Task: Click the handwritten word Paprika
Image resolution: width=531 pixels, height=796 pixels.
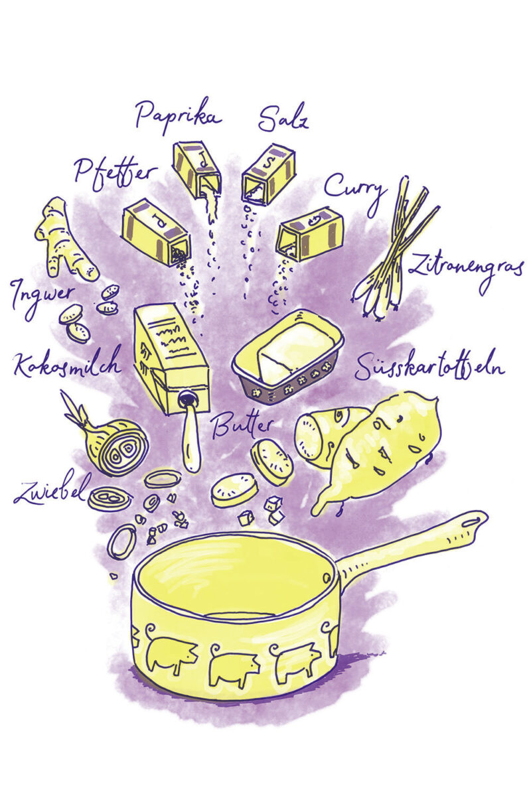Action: click(179, 115)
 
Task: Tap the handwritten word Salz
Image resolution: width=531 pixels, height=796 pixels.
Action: click(283, 117)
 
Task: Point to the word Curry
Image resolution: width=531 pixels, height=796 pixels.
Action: click(354, 192)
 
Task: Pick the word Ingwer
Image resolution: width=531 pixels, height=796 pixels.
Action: click(42, 298)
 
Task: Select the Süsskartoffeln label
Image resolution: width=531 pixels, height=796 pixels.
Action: click(429, 365)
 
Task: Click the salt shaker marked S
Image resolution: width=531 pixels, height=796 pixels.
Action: click(269, 173)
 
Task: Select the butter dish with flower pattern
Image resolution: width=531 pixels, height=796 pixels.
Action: click(288, 358)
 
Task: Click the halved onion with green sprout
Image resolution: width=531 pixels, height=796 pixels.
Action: click(110, 439)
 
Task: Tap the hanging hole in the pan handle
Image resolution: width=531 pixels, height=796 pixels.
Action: click(472, 522)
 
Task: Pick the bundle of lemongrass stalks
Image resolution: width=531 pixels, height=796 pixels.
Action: click(395, 249)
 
